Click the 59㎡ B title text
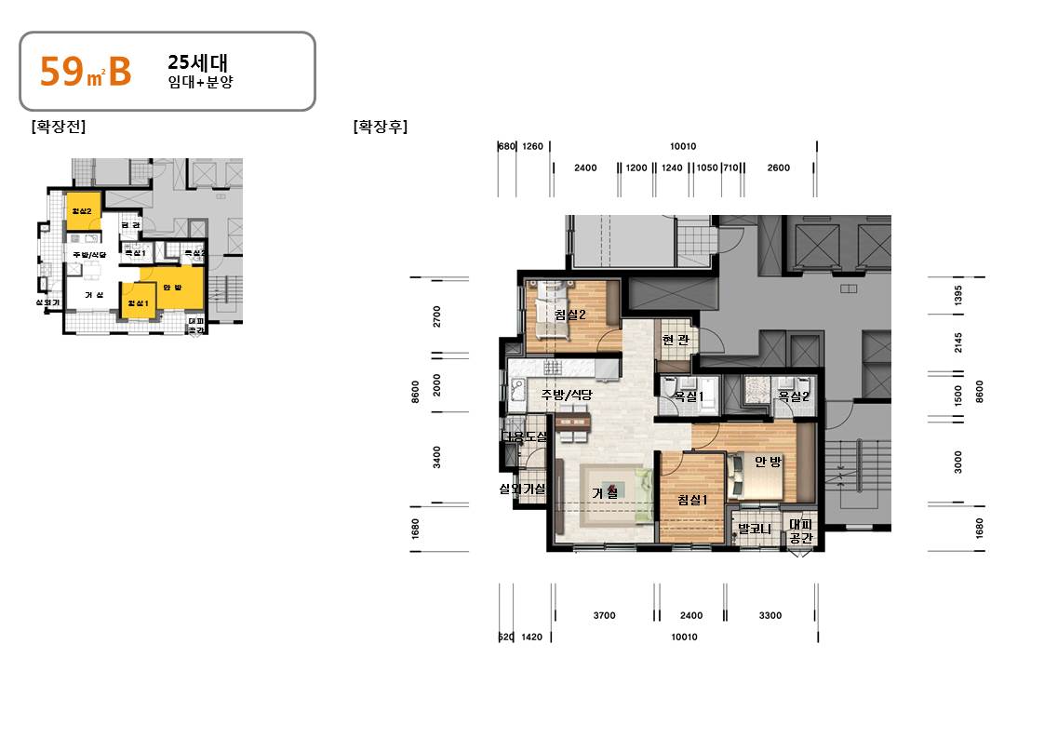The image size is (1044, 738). click(x=85, y=72)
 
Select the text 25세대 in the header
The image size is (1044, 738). click(x=192, y=63)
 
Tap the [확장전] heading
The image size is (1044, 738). click(x=58, y=127)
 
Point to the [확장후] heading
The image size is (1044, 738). click(x=380, y=127)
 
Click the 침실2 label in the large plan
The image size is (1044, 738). click(x=569, y=315)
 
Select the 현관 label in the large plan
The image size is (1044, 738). click(x=676, y=340)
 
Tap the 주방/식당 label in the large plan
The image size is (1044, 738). click(x=566, y=394)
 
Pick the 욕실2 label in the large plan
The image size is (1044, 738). click(x=793, y=396)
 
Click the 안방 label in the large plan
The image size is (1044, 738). click(x=768, y=462)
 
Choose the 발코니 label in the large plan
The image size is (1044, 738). click(x=754, y=529)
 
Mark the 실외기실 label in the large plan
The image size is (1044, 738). click(x=522, y=489)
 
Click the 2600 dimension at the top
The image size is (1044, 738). click(x=779, y=168)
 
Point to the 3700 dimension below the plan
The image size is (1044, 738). click(x=604, y=615)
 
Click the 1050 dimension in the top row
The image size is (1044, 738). click(x=707, y=168)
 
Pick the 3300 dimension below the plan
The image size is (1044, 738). click(x=770, y=615)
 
